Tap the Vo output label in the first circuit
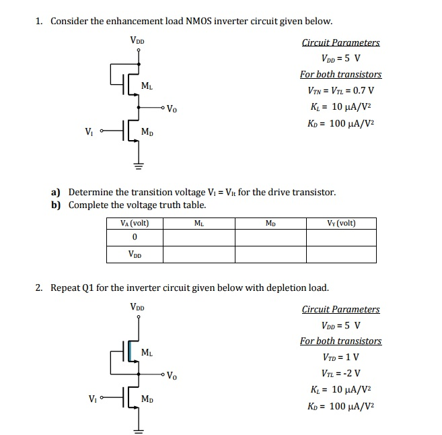click(172, 108)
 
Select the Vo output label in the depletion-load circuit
click(172, 375)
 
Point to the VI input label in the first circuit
click(88, 131)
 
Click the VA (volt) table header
click(134, 223)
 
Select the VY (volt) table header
click(340, 223)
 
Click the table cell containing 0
click(135, 237)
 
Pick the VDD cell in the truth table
click(135, 254)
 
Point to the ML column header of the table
click(198, 223)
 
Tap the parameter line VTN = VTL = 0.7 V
click(340, 91)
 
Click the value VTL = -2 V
click(340, 372)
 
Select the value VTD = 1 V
click(340, 357)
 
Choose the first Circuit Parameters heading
click(340, 42)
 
